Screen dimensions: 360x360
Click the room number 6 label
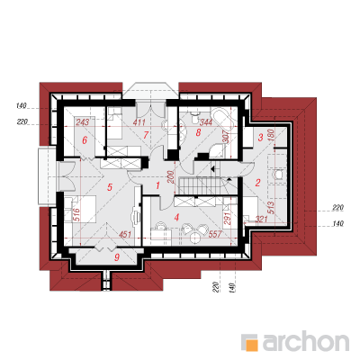(85, 140)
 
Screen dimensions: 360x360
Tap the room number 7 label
(146, 135)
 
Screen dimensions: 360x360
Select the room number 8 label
(198, 132)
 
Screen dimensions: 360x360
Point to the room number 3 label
(260, 138)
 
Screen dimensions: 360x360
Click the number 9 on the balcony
(117, 257)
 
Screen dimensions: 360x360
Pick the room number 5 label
(110, 187)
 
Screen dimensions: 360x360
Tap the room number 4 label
(176, 217)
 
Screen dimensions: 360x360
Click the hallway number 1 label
(157, 186)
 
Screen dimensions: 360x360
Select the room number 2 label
(257, 183)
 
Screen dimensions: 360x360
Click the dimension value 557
(214, 234)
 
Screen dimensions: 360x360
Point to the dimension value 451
(125, 234)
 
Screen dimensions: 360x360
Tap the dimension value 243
(82, 122)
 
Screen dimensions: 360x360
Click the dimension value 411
(139, 122)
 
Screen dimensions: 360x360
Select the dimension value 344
(206, 122)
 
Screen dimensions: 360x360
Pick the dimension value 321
(261, 220)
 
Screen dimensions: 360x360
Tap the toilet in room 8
(195, 116)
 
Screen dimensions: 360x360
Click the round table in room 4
(195, 238)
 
